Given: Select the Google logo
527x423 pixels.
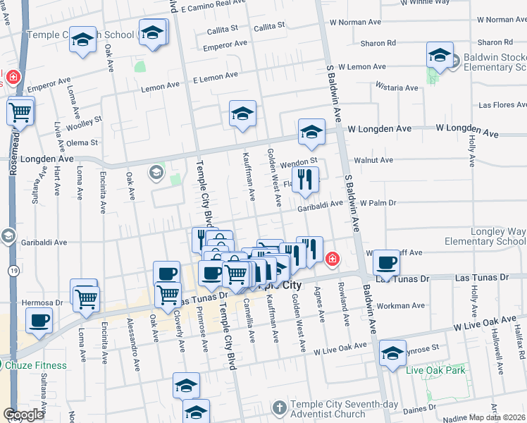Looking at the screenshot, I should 23,415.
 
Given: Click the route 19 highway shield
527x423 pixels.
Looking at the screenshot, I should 13,270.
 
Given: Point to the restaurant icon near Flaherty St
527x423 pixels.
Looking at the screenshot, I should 305,180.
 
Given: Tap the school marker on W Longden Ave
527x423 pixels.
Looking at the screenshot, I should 311,132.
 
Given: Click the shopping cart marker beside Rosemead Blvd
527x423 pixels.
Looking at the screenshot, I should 20,111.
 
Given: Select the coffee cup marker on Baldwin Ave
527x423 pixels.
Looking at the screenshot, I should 386,262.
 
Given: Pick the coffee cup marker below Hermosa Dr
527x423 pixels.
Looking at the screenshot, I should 39,320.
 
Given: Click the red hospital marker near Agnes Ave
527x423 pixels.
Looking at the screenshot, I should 331,260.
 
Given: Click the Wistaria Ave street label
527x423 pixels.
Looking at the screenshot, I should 397,88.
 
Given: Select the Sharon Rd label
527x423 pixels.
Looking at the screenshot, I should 378,43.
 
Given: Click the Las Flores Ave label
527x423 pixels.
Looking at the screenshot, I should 502,105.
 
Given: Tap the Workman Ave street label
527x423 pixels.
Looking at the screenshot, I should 401,306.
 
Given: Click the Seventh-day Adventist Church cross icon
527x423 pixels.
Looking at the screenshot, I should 280,407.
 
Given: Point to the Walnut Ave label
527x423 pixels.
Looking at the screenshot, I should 373,161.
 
